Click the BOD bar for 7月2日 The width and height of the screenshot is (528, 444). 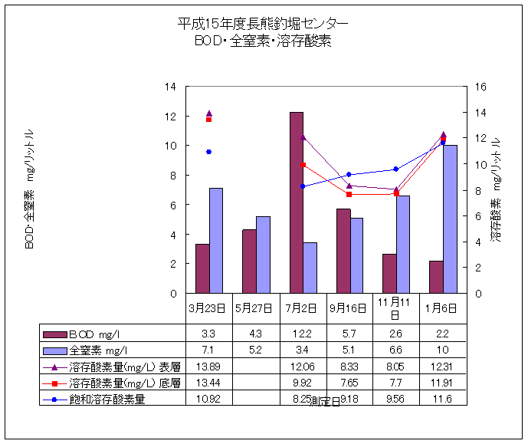(296, 202)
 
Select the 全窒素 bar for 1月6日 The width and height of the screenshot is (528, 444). (450, 219)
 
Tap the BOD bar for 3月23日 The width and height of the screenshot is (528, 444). (202, 268)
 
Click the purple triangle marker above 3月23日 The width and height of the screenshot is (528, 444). (209, 114)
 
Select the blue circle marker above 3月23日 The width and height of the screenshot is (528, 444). (208, 152)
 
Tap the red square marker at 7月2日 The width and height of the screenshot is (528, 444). (303, 165)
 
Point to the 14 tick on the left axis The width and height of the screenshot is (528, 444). (170, 87)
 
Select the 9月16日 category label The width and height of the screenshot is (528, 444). (349, 309)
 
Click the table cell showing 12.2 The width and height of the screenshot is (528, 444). (303, 334)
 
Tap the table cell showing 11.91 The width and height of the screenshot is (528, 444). (442, 383)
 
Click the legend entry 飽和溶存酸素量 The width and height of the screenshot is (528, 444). (108, 400)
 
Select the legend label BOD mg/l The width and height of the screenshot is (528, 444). (98, 334)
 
